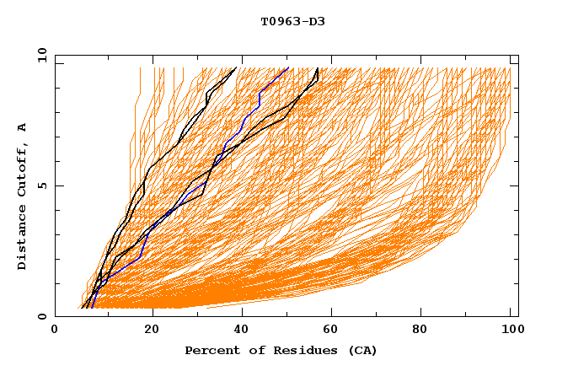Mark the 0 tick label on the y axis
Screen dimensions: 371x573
click(x=41, y=316)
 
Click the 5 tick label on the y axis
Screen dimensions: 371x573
click(x=41, y=185)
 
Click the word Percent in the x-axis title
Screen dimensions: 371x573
click(x=210, y=350)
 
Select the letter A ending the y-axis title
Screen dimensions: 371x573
click(x=22, y=127)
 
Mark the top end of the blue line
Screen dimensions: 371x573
click(x=288, y=68)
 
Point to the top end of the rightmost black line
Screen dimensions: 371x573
click(x=317, y=68)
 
